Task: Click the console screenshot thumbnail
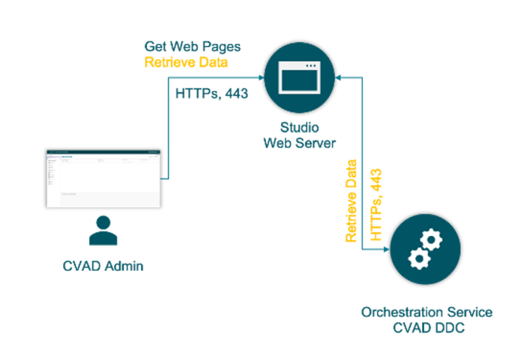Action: coord(103,179)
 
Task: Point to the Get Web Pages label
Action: coord(192,47)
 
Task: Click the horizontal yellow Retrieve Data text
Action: coord(186,62)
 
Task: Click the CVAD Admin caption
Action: coord(102,266)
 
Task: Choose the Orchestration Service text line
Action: coord(427,313)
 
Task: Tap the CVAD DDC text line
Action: coord(427,329)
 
